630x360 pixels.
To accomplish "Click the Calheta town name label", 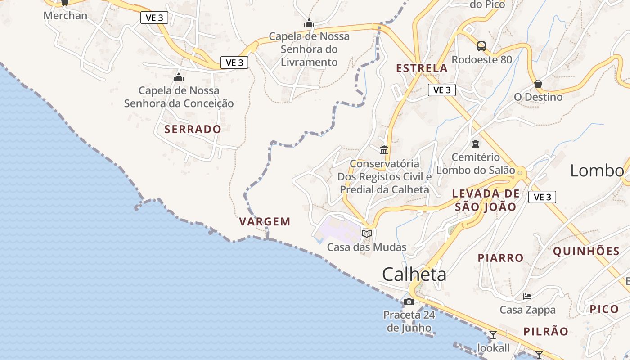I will tap(414, 274).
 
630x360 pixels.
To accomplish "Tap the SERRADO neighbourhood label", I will tap(193, 130).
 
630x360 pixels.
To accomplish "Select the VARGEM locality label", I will tap(265, 222).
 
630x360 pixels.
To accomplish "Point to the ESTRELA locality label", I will tap(422, 68).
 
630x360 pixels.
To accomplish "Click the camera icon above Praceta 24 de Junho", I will tap(409, 301).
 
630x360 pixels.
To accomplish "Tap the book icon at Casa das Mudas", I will tap(367, 234).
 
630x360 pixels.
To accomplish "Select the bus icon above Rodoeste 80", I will tap(481, 46).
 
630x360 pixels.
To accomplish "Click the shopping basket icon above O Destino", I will tap(538, 84).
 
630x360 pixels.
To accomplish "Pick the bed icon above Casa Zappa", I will tap(527, 297).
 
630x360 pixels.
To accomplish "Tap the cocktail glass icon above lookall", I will tap(493, 335).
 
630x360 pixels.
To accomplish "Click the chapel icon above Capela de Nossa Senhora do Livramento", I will tap(309, 23).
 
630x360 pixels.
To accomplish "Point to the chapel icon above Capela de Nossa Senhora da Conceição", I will tap(179, 77).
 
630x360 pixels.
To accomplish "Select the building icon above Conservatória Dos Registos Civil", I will tap(384, 150).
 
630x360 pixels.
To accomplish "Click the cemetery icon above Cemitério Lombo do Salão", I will tap(475, 144).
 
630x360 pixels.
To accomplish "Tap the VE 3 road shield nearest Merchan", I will tap(154, 18).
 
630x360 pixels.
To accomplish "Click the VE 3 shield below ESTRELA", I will tap(441, 90).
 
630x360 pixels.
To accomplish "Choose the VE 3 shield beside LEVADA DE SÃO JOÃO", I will tap(542, 197).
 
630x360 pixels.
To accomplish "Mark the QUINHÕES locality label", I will tap(586, 251).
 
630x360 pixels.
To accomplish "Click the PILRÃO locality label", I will tap(545, 332).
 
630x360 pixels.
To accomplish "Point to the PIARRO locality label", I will tap(500, 258).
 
